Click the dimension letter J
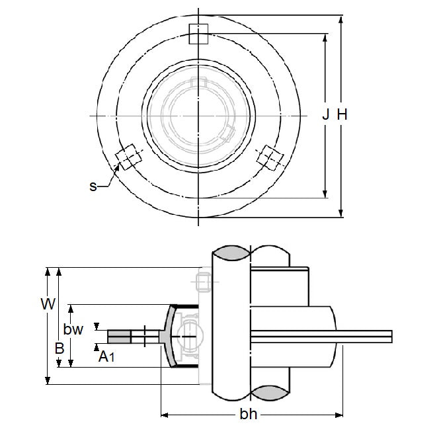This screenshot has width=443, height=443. [325, 115]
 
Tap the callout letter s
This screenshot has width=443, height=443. [93, 186]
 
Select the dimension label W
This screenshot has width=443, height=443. [47, 305]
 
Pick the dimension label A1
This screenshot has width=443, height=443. [106, 358]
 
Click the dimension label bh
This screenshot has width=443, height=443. [248, 415]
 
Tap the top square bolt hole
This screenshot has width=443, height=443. [198, 34]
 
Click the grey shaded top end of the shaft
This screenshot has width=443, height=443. [231, 253]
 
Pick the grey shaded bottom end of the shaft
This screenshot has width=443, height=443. [231, 395]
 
